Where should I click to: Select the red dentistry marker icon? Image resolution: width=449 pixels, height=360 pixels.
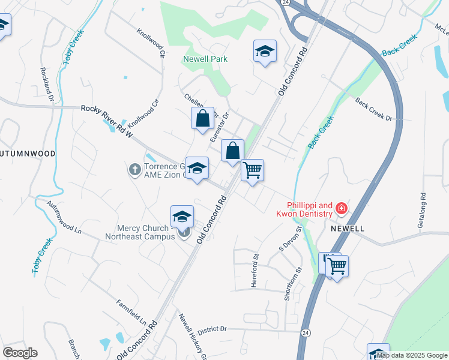(341, 208)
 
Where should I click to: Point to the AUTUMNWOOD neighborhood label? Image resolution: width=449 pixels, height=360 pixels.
(28, 154)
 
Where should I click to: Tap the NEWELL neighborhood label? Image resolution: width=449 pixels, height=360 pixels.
(346, 229)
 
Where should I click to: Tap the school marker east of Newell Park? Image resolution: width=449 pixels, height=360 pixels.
(264, 52)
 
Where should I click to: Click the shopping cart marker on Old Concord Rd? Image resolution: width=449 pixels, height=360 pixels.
(253, 170)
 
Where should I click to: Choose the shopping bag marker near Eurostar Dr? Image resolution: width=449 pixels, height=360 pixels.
(202, 118)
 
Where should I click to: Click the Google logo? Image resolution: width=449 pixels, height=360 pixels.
(20, 353)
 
